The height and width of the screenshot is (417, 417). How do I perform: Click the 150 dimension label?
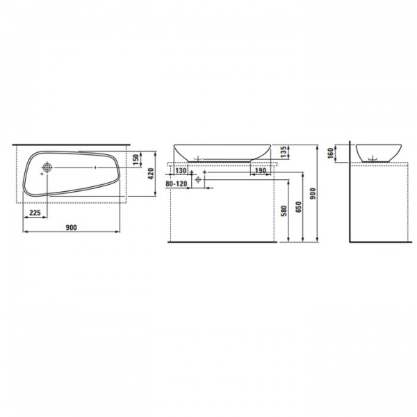(x=136, y=159)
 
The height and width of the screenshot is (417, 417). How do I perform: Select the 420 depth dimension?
(x=151, y=174)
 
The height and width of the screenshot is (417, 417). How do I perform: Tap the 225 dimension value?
(x=35, y=213)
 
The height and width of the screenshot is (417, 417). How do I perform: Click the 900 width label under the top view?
(x=72, y=228)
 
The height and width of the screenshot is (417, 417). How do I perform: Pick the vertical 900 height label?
(x=313, y=194)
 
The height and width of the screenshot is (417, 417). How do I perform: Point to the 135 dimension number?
(x=284, y=152)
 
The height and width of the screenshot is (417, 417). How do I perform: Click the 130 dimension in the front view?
(x=181, y=170)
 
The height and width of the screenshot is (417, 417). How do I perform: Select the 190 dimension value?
(x=261, y=170)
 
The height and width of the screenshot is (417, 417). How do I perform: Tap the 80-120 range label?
(x=177, y=183)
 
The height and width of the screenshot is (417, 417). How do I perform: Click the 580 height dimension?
(x=284, y=211)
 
